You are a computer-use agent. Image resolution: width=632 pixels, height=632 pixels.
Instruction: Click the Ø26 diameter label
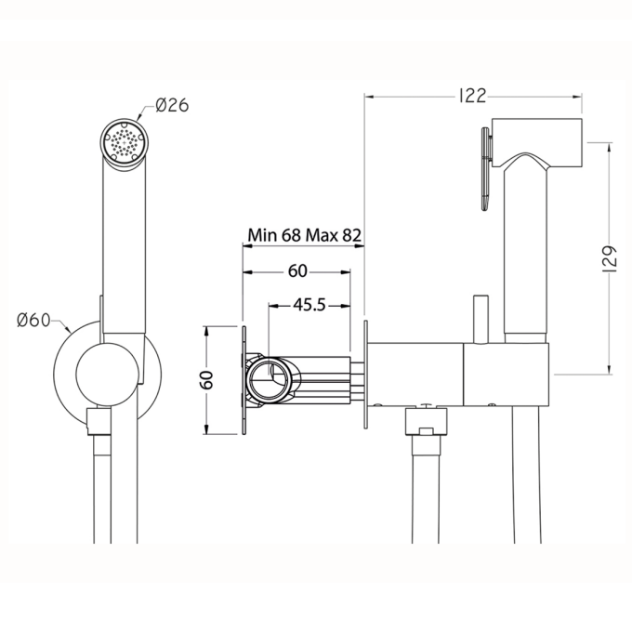(x=172, y=105)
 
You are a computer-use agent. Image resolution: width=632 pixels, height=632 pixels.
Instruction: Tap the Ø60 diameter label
(x=33, y=321)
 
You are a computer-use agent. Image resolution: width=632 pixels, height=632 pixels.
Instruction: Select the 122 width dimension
(x=473, y=97)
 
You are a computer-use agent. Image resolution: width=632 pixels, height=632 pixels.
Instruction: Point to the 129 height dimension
(x=610, y=258)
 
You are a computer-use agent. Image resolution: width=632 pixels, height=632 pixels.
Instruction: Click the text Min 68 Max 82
(x=304, y=235)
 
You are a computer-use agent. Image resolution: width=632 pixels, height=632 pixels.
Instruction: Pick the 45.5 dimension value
(x=309, y=305)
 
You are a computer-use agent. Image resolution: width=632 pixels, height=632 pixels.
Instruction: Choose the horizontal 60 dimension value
(x=297, y=271)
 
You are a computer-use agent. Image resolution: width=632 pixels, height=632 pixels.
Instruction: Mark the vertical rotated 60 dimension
(x=206, y=380)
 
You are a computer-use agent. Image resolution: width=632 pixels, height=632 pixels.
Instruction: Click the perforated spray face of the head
(x=125, y=142)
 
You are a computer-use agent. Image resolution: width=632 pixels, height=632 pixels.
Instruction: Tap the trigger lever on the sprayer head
(x=487, y=169)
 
